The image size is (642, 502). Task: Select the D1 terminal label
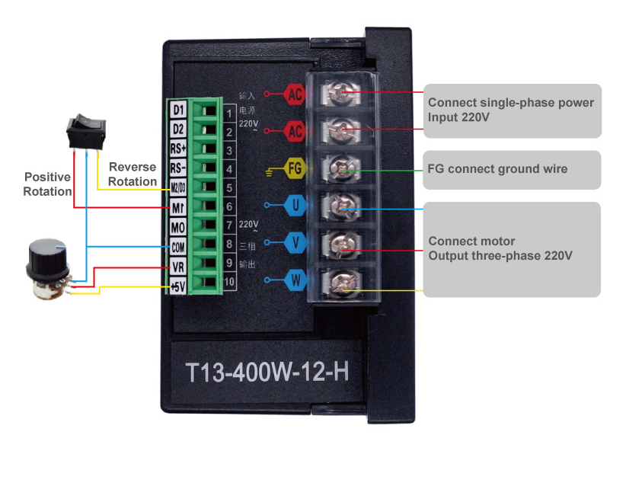coord(178,110)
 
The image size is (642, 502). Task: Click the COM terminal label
coord(178,246)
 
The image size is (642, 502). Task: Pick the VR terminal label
coord(178,266)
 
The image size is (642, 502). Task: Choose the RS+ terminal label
coord(178,149)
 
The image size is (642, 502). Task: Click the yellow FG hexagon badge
coord(295,168)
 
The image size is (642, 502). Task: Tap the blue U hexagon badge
coord(295,205)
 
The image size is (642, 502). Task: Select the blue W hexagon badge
coord(295,280)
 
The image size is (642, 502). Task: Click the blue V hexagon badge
coord(295,242)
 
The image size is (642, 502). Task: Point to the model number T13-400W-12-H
coord(267,373)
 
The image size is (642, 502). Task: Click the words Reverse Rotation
coord(132,174)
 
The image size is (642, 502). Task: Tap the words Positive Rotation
coord(47,184)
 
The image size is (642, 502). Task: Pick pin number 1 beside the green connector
coord(228,114)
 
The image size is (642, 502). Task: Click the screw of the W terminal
coord(340,283)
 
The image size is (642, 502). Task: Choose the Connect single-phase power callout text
coord(510,110)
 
